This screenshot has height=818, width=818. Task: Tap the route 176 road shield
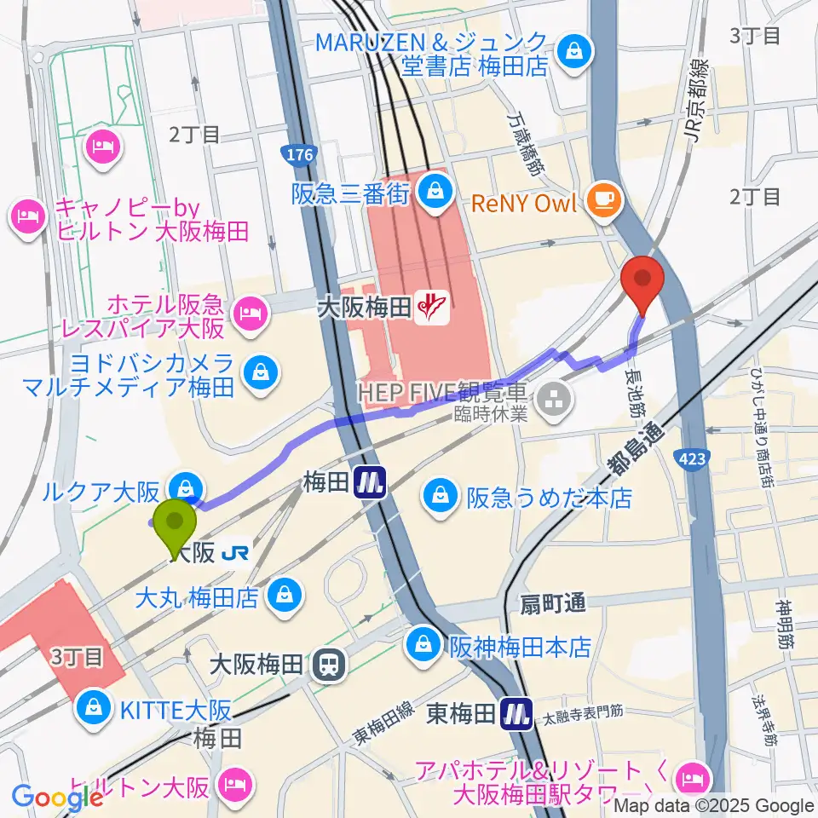click(x=298, y=155)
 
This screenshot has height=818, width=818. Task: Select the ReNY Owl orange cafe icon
click(x=608, y=201)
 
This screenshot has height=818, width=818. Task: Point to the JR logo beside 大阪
click(x=234, y=553)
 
